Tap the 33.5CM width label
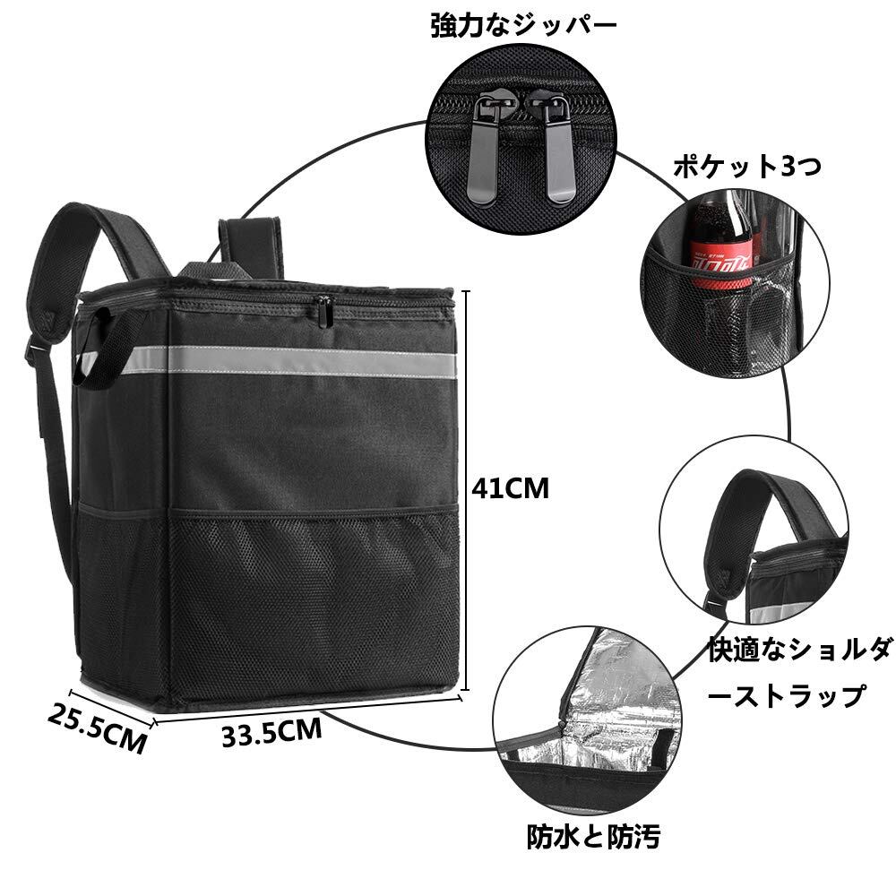click(271, 734)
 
